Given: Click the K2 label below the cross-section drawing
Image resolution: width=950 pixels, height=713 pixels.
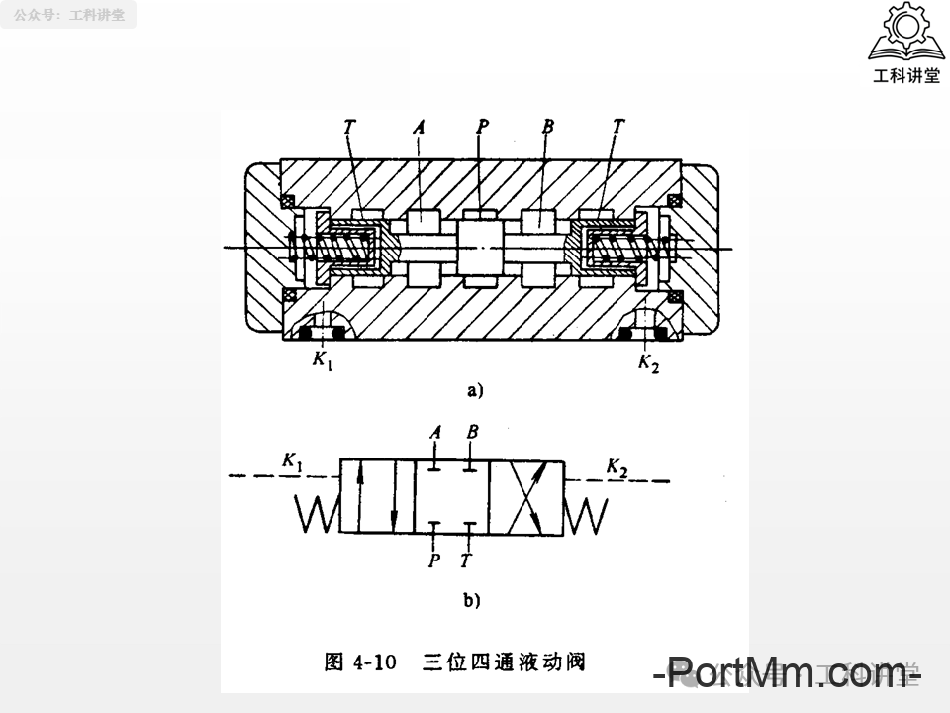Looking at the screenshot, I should [x=648, y=362].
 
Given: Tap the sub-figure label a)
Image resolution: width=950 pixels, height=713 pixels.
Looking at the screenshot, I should [x=475, y=390].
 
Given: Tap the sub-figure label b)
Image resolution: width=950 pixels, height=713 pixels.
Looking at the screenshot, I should [x=472, y=598].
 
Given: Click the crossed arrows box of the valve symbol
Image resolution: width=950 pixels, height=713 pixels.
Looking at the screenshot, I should [x=526, y=496].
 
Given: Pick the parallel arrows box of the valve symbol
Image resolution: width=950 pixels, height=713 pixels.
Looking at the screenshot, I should [x=376, y=496].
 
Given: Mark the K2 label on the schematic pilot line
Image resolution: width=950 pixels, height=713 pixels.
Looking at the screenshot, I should [x=617, y=466].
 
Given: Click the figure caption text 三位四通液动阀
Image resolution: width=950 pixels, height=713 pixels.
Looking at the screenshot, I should [x=504, y=662].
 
